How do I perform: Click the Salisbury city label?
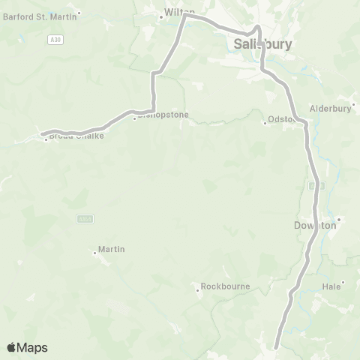pyautogui.click(x=262, y=45)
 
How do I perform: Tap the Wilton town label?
pyautogui.click(x=180, y=13)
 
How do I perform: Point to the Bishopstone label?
pyautogui.click(x=163, y=115)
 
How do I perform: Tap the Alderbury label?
pyautogui.click(x=331, y=108)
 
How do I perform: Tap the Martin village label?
pyautogui.click(x=111, y=249)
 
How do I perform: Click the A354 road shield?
pyautogui.click(x=85, y=218)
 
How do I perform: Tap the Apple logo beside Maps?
pyautogui.click(x=12, y=347)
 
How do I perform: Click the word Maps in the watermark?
pyautogui.click(x=33, y=347)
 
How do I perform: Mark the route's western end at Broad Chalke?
pyautogui.click(x=44, y=136)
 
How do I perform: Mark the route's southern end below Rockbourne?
pyautogui.click(x=276, y=346)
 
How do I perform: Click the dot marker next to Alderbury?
pyautogui.click(x=352, y=105)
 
